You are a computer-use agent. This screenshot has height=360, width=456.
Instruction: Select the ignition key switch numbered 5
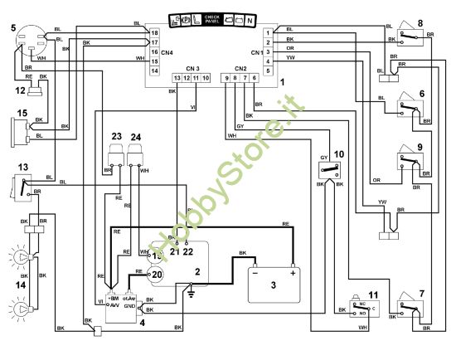[31, 41]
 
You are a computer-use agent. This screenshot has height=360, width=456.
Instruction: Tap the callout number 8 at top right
[420, 22]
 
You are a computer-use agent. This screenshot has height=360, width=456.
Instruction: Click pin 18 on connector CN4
[155, 32]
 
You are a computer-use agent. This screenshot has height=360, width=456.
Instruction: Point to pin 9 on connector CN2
[226, 77]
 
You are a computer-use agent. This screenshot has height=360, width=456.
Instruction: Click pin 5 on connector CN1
[269, 71]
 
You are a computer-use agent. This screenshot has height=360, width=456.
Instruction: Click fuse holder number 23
[115, 156]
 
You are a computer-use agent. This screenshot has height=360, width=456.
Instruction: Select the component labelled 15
[18, 130]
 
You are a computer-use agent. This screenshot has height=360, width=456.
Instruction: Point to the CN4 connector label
[167, 53]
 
